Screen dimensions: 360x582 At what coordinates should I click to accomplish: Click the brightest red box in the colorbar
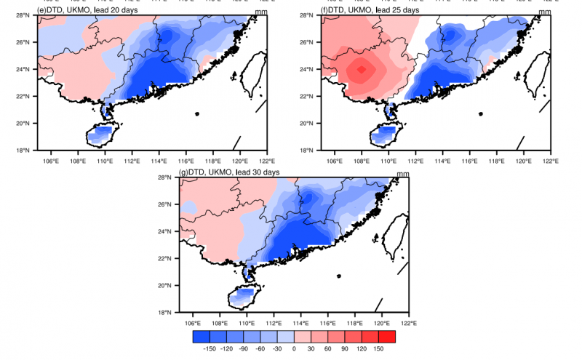point(387,337)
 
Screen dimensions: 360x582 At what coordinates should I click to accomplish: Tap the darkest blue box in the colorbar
point(202,337)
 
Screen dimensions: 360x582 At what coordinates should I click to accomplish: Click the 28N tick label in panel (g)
point(166,177)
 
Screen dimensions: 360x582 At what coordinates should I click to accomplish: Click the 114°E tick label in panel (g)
point(300,322)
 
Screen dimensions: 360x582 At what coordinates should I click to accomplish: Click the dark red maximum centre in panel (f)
point(361,71)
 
